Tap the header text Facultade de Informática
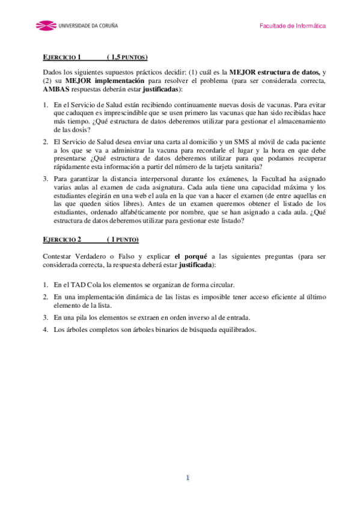(293, 26)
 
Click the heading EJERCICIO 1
(62, 58)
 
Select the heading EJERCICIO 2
(62, 240)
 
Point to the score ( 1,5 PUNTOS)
(127, 58)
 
